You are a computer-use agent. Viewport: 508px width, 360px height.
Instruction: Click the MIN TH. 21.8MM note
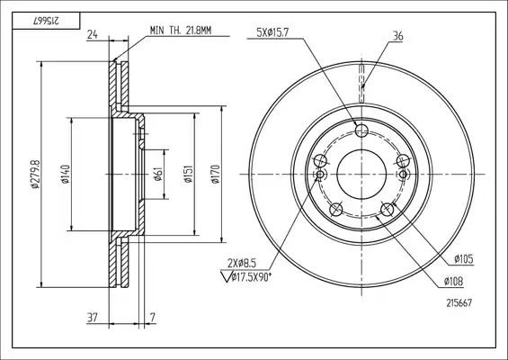click(181, 31)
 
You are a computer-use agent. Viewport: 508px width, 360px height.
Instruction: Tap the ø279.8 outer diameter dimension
click(35, 174)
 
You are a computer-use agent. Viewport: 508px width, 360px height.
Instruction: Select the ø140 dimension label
click(66, 175)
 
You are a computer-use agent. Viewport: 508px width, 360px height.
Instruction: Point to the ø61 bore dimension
click(158, 175)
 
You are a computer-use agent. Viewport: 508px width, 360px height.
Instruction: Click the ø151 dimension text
click(189, 174)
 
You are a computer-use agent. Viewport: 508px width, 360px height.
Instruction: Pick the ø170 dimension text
click(216, 175)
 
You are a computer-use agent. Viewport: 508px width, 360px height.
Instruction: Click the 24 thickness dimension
click(93, 34)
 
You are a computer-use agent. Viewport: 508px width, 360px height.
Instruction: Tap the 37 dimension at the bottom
click(93, 318)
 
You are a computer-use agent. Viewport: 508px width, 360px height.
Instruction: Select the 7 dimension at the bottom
click(153, 318)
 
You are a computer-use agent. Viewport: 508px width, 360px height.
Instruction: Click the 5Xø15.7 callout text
click(272, 32)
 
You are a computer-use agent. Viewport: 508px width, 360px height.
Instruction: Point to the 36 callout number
click(397, 36)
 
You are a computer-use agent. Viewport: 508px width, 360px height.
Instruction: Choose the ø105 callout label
click(464, 259)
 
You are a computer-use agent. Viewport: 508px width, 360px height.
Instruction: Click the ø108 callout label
click(453, 282)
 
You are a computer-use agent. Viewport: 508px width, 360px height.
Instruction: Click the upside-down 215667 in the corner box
click(46, 21)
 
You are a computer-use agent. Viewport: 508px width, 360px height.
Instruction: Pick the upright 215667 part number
click(459, 303)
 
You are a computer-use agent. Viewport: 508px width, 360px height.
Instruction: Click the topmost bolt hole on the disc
click(361, 131)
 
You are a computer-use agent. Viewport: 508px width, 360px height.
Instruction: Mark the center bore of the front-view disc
click(361, 175)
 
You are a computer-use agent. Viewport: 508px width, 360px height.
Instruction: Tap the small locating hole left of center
click(320, 175)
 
